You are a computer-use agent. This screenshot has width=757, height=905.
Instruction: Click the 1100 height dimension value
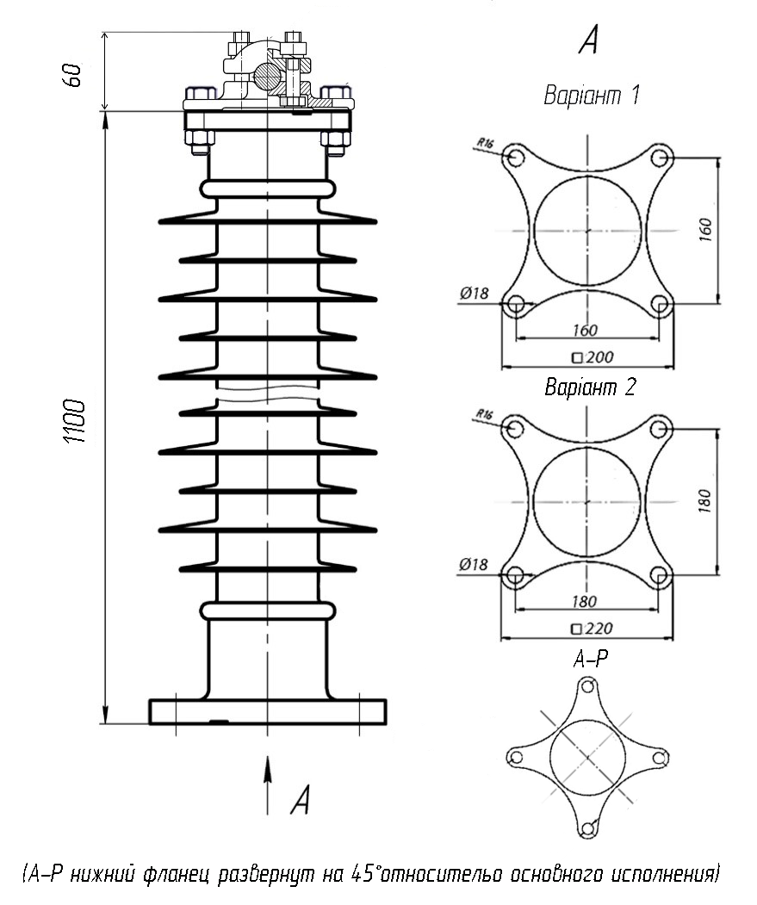point(75,421)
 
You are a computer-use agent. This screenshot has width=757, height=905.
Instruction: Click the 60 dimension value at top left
point(73,75)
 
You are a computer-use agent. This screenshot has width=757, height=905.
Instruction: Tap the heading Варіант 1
point(592,96)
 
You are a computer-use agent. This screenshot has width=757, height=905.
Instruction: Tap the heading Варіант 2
point(590,387)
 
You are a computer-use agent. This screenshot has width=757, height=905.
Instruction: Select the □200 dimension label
point(593,357)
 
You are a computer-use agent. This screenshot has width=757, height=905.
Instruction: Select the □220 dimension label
point(592,629)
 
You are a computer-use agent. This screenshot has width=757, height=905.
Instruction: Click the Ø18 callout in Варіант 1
point(474,294)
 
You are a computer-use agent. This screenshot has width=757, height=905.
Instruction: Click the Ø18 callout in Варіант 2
point(474,565)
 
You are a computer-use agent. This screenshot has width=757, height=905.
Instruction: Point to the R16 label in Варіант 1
point(485,143)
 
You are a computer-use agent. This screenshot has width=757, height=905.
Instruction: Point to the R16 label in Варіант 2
point(485,414)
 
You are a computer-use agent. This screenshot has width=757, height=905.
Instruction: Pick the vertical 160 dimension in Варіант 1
point(705,230)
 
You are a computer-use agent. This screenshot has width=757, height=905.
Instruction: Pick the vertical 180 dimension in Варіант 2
point(704,501)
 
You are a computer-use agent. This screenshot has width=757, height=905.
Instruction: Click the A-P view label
point(590,659)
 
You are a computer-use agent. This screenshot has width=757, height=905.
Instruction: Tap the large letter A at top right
point(588,40)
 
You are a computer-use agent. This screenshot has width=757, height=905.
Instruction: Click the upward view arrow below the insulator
point(267,785)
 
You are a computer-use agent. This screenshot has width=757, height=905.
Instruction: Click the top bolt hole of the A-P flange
point(587,686)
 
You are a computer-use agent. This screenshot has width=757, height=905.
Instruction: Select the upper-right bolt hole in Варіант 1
point(660,157)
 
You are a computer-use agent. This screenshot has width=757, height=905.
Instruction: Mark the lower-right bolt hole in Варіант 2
point(658,575)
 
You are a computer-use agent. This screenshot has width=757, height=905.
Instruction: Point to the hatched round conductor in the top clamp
point(267,74)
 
